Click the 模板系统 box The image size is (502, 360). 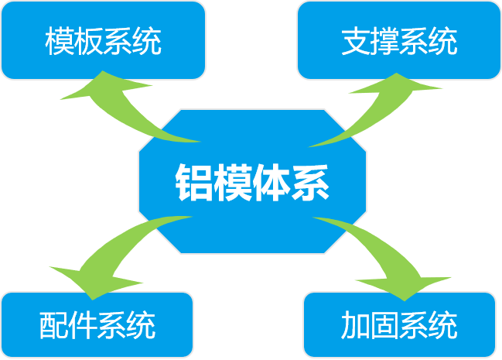point(103,40)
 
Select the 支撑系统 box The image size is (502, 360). point(399,40)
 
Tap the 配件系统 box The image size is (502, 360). point(97,324)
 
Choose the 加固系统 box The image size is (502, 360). point(399,324)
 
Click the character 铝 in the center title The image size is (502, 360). point(194,183)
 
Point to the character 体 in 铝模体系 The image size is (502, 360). point(271,183)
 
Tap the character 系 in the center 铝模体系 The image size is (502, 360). point(310,183)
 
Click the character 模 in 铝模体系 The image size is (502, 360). point(233,183)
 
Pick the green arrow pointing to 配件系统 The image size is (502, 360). point(112,253)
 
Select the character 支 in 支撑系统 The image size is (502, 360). point(356,41)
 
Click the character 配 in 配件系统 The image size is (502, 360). point(54,325)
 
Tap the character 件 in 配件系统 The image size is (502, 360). point(83,325)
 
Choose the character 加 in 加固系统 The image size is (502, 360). point(355,325)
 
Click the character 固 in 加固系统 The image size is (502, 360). point(384,325)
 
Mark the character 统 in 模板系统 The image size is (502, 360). point(147,41)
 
